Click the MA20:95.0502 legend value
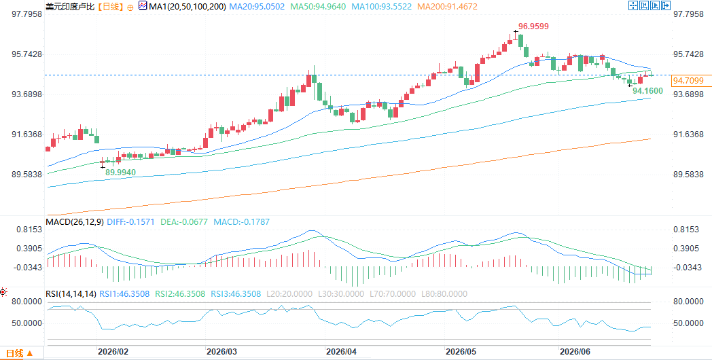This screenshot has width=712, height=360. pyautogui.click(x=257, y=6)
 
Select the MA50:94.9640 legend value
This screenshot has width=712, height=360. pyautogui.click(x=319, y=6)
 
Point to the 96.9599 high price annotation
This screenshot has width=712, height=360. pyautogui.click(x=533, y=26)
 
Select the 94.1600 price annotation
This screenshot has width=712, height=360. pyautogui.click(x=648, y=91)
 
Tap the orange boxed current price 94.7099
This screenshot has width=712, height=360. pyautogui.click(x=688, y=81)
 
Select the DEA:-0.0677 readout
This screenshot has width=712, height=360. pyautogui.click(x=184, y=222)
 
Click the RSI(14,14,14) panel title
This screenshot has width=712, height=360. pyautogui.click(x=71, y=293)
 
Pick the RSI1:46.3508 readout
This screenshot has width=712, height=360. pyautogui.click(x=124, y=293)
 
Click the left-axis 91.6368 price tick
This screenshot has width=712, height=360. pyautogui.click(x=27, y=134)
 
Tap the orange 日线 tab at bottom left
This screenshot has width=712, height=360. pyautogui.click(x=18, y=353)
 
